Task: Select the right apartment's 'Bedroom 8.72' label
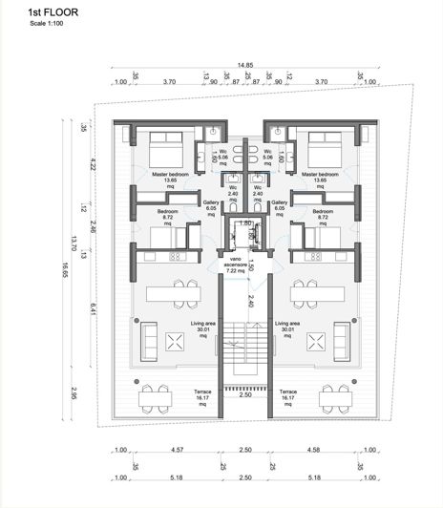(x=322, y=214)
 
